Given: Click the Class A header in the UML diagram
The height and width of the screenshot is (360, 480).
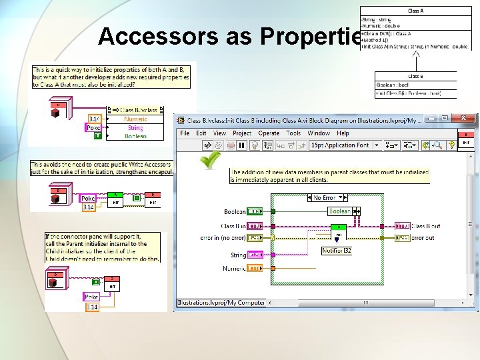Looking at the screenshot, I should tap(417, 11).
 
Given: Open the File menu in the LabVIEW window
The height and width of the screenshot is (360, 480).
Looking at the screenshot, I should tap(185, 133).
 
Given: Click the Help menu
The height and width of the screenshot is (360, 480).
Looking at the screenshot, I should tap(342, 133).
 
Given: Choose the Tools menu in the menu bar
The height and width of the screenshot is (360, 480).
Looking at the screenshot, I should tap(293, 133).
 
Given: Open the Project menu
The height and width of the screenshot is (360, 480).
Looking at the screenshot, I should tap(242, 133).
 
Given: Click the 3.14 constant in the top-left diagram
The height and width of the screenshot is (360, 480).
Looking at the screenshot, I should tap(93, 119).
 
